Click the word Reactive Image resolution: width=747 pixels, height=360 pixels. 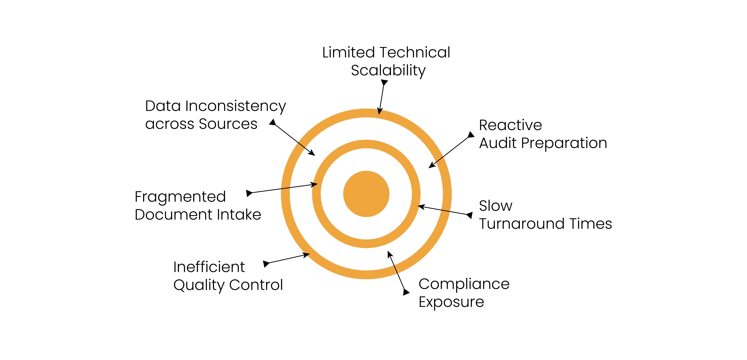click(x=510, y=125)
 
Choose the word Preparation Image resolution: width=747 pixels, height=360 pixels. click(x=564, y=143)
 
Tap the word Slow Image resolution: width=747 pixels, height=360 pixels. click(x=496, y=206)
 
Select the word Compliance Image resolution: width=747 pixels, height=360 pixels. click(x=464, y=284)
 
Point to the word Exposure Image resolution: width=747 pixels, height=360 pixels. click(x=451, y=302)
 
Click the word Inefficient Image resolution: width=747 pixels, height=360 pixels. click(x=209, y=267)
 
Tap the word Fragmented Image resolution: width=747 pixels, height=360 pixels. click(x=180, y=197)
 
